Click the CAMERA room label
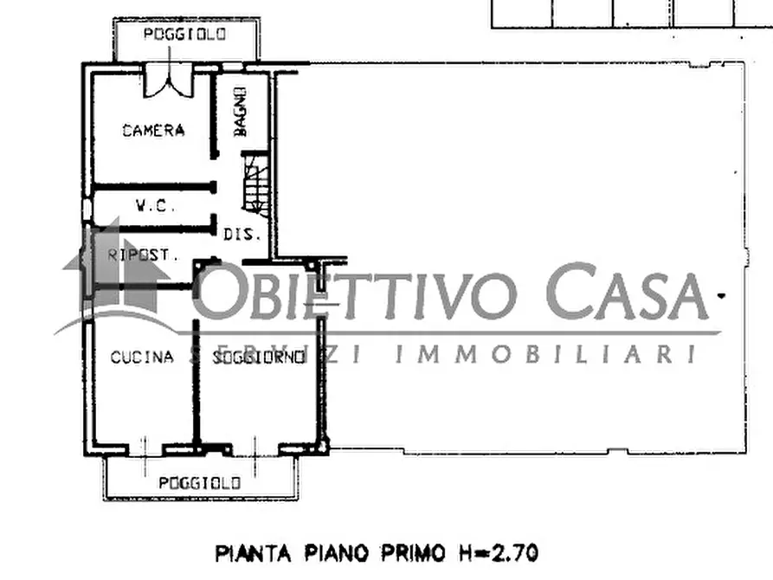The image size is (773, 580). click(x=153, y=131)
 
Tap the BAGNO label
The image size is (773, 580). click(x=241, y=112)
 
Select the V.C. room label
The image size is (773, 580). click(x=156, y=206)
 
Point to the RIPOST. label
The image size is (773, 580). click(x=143, y=255)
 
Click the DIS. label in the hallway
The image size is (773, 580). click(x=237, y=235)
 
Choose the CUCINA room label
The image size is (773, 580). click(x=142, y=357)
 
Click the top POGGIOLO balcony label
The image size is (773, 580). click(x=185, y=34)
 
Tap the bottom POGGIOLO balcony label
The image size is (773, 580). click(x=200, y=483)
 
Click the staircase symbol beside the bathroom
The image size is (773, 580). click(x=255, y=183)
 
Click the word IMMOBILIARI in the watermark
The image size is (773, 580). click(x=545, y=354)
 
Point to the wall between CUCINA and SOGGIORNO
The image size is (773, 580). click(x=197, y=381)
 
